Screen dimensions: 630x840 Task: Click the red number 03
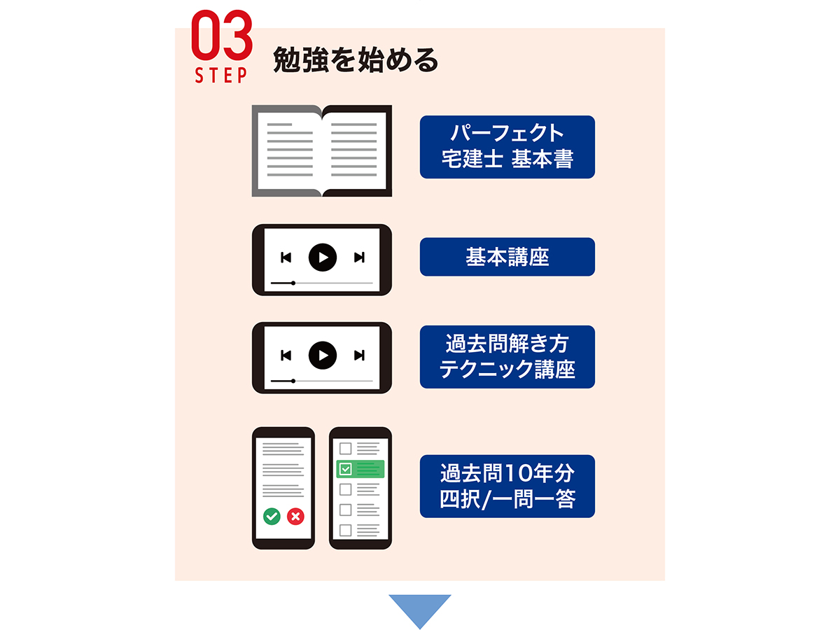click(222, 37)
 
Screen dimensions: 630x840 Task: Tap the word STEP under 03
click(221, 76)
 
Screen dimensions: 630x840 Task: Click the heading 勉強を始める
click(356, 61)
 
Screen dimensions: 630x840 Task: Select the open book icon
click(321, 150)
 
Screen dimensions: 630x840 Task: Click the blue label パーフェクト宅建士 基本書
click(507, 146)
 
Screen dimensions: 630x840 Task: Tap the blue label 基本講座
click(507, 257)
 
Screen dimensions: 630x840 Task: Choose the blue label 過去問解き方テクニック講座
click(507, 356)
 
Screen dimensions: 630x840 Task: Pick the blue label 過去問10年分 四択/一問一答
click(507, 486)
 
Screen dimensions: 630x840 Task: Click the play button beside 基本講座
click(322, 258)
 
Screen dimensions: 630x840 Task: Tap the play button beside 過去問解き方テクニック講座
click(322, 356)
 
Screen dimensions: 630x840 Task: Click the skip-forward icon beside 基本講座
click(359, 258)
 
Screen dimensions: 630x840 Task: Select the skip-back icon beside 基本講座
click(286, 258)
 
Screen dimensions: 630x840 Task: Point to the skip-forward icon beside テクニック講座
click(359, 356)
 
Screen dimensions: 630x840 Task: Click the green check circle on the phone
click(272, 517)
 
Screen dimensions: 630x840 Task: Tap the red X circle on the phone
click(295, 517)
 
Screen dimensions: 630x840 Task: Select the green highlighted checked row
click(360, 469)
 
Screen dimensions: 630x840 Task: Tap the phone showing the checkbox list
click(360, 488)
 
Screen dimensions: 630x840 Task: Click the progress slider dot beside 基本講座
click(293, 283)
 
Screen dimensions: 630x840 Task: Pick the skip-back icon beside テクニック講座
click(286, 356)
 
